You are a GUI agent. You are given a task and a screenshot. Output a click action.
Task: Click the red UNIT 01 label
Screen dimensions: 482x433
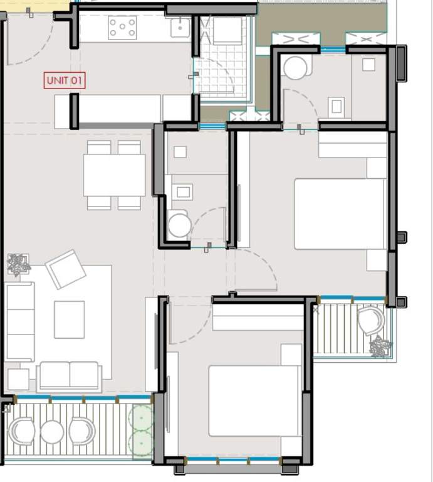coord(65,80)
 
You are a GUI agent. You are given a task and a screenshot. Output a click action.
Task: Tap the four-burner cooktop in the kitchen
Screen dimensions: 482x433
coord(122,28)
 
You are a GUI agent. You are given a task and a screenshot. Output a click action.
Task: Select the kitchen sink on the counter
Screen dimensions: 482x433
coord(180,27)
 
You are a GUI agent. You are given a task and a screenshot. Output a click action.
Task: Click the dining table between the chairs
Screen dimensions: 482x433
coord(114,175)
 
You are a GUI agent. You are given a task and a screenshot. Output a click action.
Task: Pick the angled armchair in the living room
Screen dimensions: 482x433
coord(65,269)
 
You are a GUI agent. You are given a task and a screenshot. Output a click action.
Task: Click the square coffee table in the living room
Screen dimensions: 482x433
coord(69,319)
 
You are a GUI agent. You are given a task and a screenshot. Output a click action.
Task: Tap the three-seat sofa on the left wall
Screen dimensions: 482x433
coord(19,321)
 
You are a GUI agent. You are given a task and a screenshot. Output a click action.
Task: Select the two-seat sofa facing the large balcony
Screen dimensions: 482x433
coord(69,375)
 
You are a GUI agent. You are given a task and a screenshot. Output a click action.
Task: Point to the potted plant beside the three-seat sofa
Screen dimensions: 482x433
coord(18,264)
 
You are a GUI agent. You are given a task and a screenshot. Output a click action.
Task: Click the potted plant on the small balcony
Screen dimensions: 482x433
coord(380,346)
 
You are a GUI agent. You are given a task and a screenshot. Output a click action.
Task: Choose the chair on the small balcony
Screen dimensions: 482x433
coord(370,320)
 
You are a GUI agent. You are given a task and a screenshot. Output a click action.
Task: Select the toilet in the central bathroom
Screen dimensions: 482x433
coord(179,224)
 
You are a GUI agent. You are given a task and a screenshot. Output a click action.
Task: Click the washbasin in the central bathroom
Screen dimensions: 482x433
coord(183,191)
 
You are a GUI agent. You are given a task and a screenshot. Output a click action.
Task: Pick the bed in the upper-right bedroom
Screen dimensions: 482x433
coord(340,213)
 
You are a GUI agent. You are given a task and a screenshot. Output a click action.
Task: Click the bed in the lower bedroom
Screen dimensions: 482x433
coord(254,400)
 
